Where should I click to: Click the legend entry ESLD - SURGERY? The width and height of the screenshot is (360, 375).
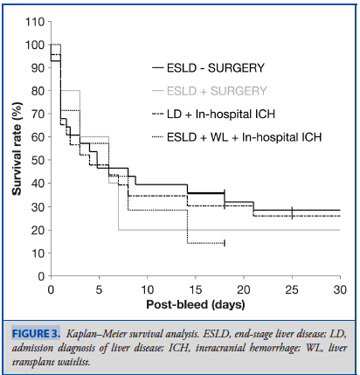pos(208,68)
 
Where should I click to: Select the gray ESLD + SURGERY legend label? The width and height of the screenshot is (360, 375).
pos(210,91)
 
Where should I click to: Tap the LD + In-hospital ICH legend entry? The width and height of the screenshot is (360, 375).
pos(213,114)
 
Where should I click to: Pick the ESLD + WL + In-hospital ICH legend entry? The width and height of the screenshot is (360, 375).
pos(237,137)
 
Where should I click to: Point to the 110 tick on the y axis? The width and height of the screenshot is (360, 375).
pos(35,22)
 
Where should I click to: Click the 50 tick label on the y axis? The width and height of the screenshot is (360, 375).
pos(38,160)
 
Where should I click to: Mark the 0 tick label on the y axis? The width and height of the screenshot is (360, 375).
pos(41,276)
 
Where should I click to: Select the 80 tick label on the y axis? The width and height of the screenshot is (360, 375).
pos(38,91)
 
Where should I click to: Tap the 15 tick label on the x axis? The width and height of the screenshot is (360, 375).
pos(196,289)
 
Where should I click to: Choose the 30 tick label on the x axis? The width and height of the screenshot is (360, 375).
pos(340,289)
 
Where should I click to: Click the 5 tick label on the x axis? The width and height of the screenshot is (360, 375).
pos(100,289)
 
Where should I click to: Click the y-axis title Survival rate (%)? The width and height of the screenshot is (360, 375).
pos(17,149)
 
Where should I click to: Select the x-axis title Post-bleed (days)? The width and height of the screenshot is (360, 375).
pos(196,304)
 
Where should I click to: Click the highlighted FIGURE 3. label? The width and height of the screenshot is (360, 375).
pos(36,333)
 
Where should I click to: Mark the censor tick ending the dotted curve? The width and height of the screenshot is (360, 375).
pos(225,243)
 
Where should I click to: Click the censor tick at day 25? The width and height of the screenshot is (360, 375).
pos(292,212)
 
